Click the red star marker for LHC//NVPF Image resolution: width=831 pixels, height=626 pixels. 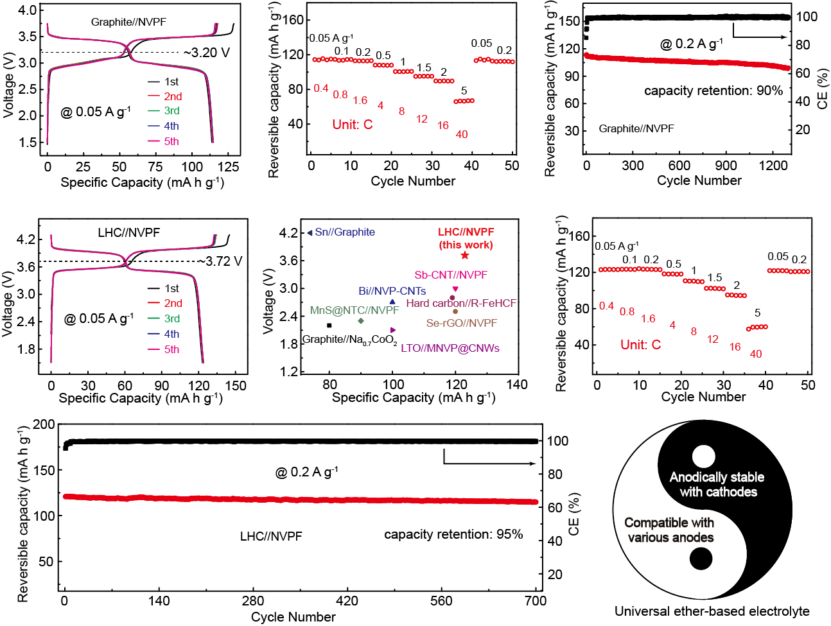click(x=465, y=256)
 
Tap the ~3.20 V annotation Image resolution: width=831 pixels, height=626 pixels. click(x=206, y=53)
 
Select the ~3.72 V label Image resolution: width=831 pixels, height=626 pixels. click(x=220, y=261)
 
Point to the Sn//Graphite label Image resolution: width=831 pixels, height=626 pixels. click(x=344, y=232)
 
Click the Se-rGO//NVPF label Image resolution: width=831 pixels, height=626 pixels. click(x=462, y=323)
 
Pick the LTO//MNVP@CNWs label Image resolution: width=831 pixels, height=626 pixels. click(x=450, y=348)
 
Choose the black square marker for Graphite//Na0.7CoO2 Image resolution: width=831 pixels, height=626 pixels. click(x=329, y=326)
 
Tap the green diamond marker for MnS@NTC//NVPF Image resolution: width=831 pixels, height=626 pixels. click(x=361, y=321)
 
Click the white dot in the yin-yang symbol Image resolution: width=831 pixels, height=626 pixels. click(x=704, y=456)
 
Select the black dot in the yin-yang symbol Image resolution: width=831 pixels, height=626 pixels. click(x=701, y=559)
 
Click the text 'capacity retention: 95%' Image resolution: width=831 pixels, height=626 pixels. click(x=453, y=534)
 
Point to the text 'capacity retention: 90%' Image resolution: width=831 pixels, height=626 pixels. click(x=713, y=91)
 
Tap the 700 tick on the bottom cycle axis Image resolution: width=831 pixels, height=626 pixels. click(x=536, y=601)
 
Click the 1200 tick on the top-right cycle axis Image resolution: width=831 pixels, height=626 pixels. click(x=773, y=165)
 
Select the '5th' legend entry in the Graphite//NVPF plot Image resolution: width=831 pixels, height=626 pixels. click(x=171, y=141)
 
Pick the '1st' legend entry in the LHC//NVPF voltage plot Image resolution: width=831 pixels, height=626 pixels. click(x=171, y=288)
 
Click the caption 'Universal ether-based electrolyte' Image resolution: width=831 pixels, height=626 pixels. click(x=712, y=611)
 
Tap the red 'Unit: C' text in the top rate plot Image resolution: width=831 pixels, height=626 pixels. click(x=352, y=125)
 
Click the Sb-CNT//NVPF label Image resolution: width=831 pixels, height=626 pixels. click(x=450, y=275)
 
